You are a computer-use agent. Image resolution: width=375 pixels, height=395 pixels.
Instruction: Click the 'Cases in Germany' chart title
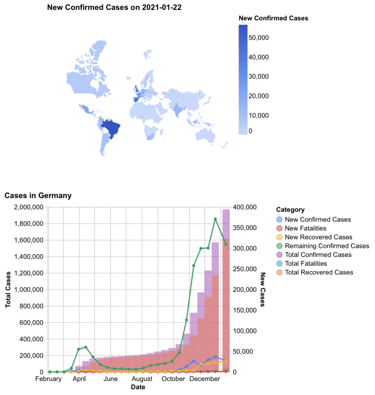coord(38,196)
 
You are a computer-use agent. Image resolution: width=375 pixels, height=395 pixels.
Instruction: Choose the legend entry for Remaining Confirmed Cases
coord(327,246)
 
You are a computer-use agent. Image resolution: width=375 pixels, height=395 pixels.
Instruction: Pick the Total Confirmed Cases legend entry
coord(318,255)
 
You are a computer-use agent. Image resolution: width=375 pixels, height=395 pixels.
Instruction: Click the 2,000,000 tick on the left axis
coord(29,207)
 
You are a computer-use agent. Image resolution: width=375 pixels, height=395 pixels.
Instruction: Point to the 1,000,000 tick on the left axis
coord(29,290)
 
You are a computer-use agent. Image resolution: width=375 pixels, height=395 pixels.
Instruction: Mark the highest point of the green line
coord(215,219)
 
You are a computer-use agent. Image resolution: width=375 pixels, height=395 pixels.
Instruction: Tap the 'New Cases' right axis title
coord(263,290)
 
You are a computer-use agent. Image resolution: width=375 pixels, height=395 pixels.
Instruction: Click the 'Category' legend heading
coord(290,210)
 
